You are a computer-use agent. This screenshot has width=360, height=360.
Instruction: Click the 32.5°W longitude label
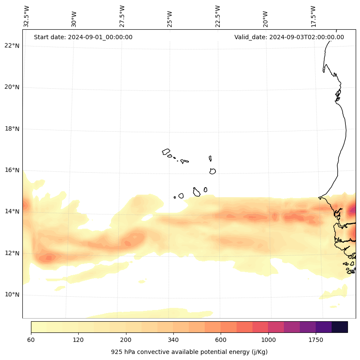point(27,16)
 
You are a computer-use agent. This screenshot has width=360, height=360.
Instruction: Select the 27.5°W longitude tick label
point(122,16)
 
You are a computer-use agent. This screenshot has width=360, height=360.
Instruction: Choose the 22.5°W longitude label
point(218,16)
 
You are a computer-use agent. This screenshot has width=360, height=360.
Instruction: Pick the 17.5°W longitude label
point(313,16)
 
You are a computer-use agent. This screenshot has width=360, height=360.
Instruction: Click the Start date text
point(83,37)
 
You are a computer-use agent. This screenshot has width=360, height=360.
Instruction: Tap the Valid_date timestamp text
point(289,37)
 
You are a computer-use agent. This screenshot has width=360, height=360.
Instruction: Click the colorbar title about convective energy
point(189,352)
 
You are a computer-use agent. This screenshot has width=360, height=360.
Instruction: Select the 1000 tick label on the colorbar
point(268,340)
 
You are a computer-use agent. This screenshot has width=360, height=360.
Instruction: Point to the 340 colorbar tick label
point(173,340)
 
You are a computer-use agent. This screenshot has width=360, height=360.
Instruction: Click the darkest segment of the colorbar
point(339,327)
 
